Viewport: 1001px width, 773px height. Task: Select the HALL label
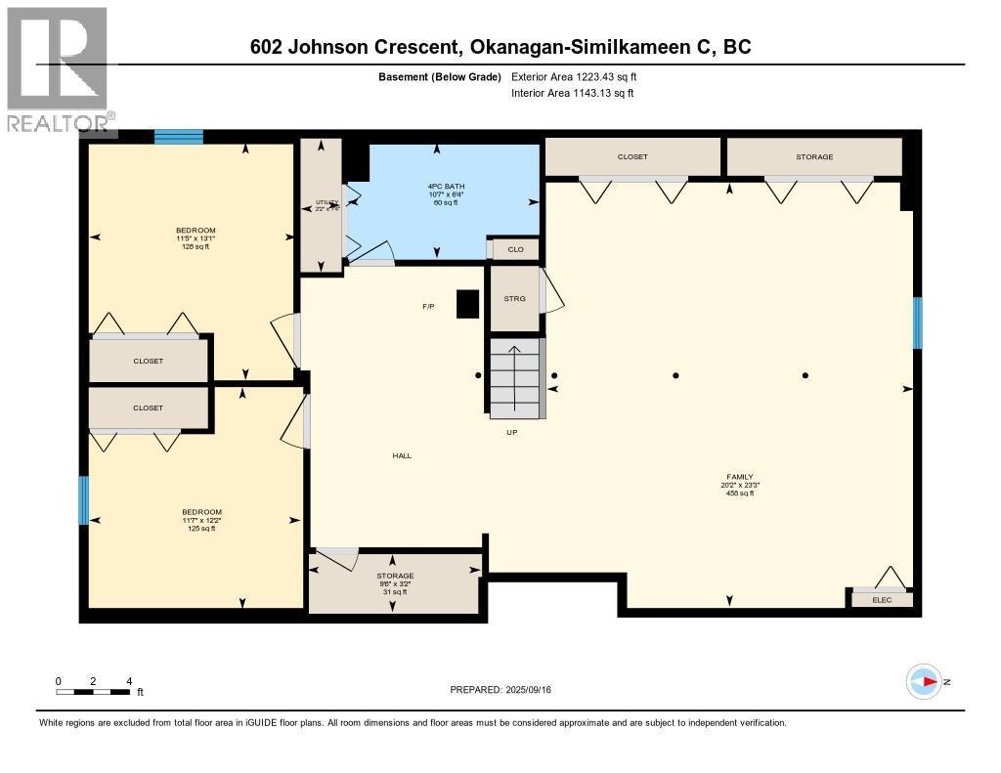[402, 455]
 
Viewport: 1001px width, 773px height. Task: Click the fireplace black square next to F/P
[468, 304]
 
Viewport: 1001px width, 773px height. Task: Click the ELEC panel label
[882, 599]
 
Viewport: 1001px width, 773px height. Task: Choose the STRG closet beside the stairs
[514, 299]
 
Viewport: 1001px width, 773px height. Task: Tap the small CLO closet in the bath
[515, 250]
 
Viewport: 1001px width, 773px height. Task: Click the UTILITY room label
[326, 205]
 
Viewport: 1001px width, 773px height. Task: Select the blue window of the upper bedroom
[179, 137]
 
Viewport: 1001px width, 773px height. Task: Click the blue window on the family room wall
[917, 322]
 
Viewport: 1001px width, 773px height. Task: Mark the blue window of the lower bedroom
[84, 500]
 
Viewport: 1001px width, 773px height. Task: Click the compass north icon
[925, 681]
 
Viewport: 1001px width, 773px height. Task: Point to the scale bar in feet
[93, 691]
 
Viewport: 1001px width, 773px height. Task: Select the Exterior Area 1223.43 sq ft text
[574, 76]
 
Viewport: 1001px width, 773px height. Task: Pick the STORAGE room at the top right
[813, 157]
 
